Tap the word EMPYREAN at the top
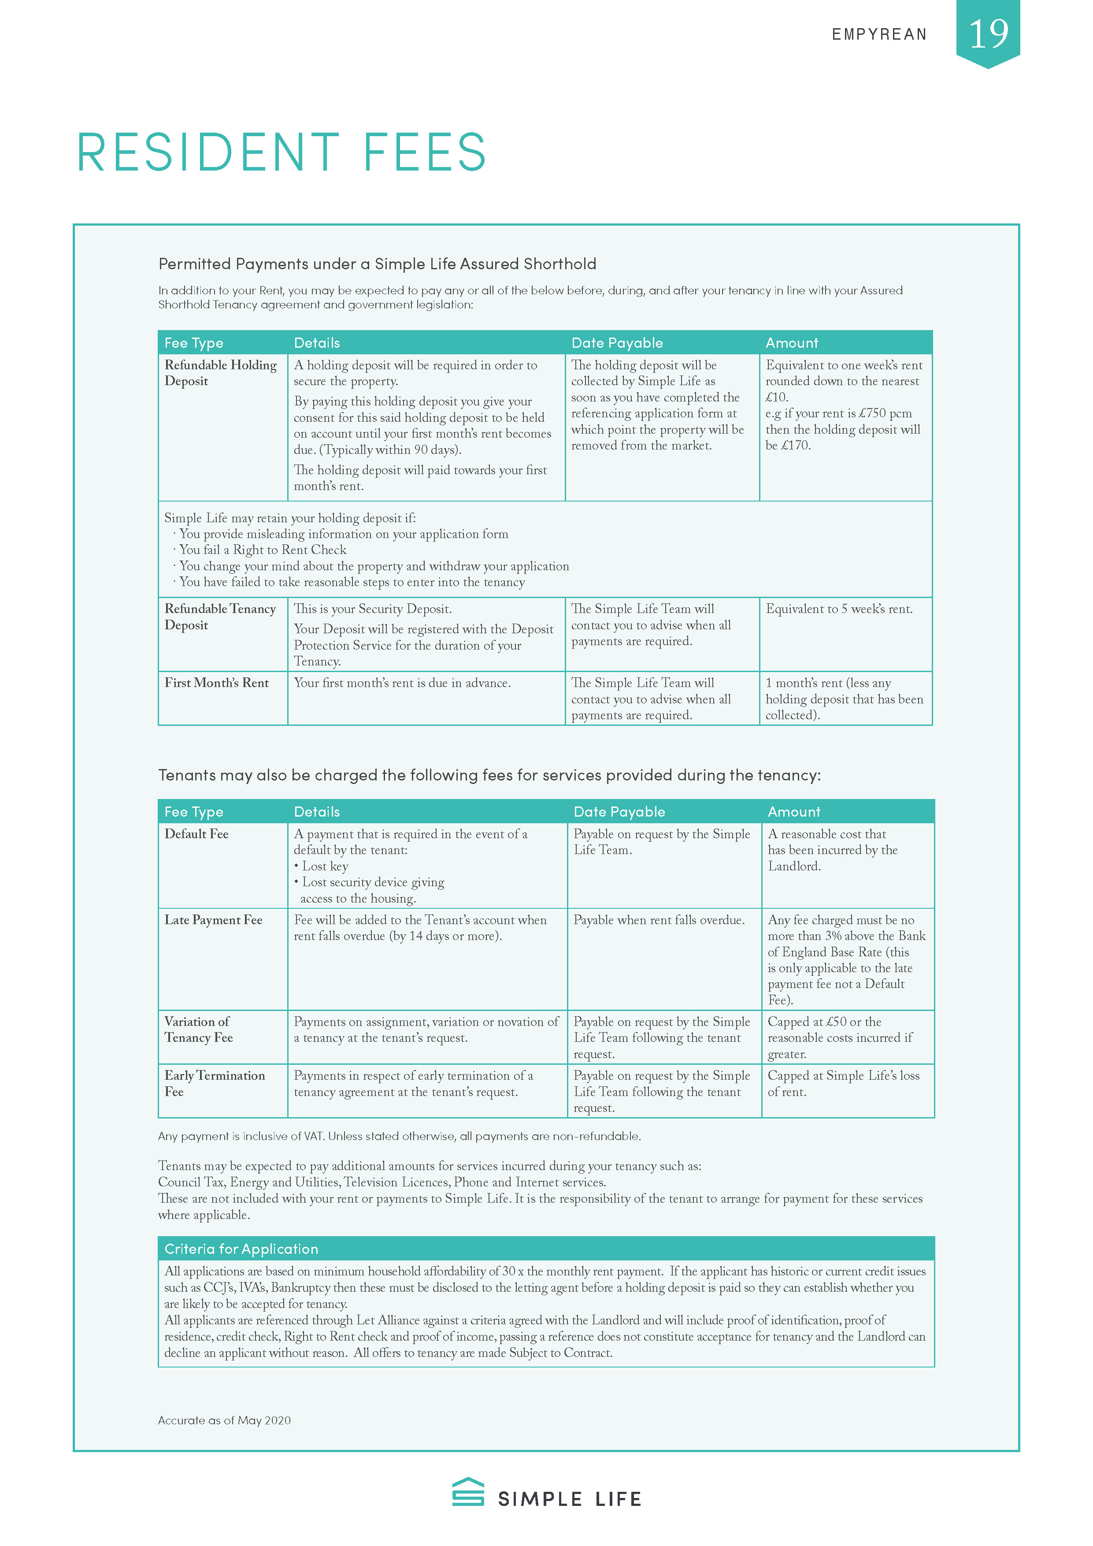(x=879, y=34)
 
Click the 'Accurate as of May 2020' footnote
(x=224, y=1420)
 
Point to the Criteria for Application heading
(x=241, y=1249)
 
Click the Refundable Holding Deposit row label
(x=220, y=373)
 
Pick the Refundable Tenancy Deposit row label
(x=220, y=617)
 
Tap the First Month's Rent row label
(x=216, y=683)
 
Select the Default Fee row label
(x=196, y=834)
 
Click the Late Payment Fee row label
(x=213, y=920)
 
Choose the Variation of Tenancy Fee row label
(x=199, y=1029)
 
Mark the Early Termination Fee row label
(x=214, y=1083)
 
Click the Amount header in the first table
(x=792, y=343)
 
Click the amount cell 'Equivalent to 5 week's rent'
(x=839, y=609)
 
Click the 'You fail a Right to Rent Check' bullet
(x=263, y=550)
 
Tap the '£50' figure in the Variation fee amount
(x=836, y=1022)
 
